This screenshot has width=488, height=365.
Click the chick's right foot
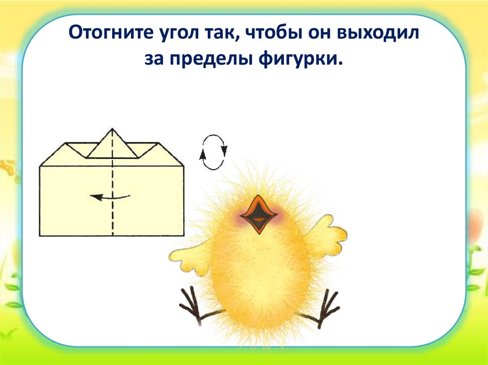[x=326, y=307]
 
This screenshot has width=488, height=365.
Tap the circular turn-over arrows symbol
[x=213, y=152]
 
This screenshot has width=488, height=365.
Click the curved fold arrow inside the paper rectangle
[x=110, y=197]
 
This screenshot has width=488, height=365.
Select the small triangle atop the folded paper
[x=113, y=144]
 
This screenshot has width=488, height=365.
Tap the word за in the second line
[x=155, y=60]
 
